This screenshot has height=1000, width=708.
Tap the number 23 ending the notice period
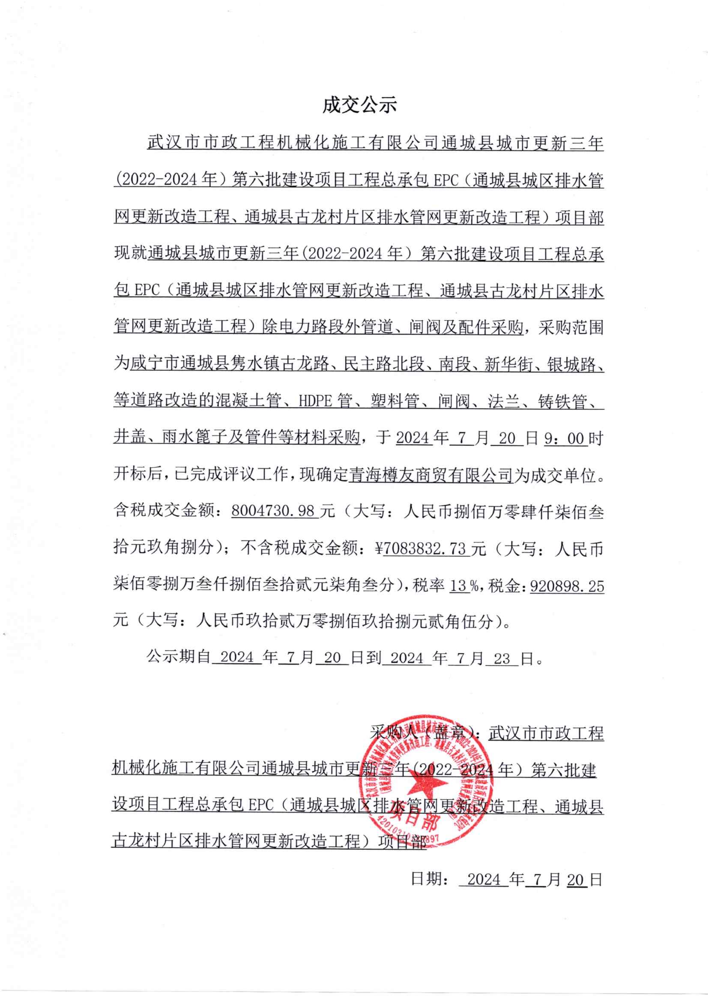point(502,658)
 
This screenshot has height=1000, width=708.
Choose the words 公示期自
point(179,658)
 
